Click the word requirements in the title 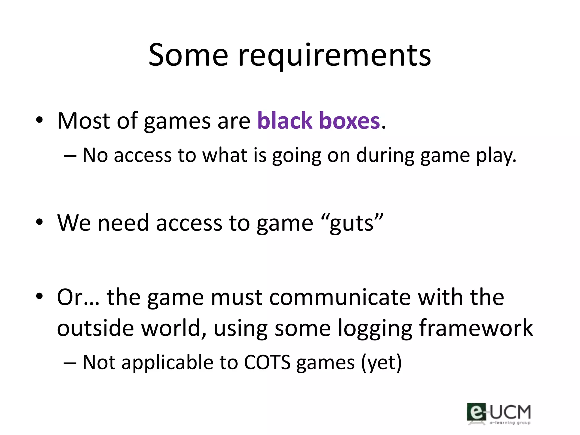click(x=334, y=57)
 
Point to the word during click(x=385, y=156)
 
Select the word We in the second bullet click(x=74, y=223)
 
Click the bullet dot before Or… click(x=39, y=296)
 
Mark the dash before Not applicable click(x=70, y=363)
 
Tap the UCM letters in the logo click(x=510, y=412)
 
